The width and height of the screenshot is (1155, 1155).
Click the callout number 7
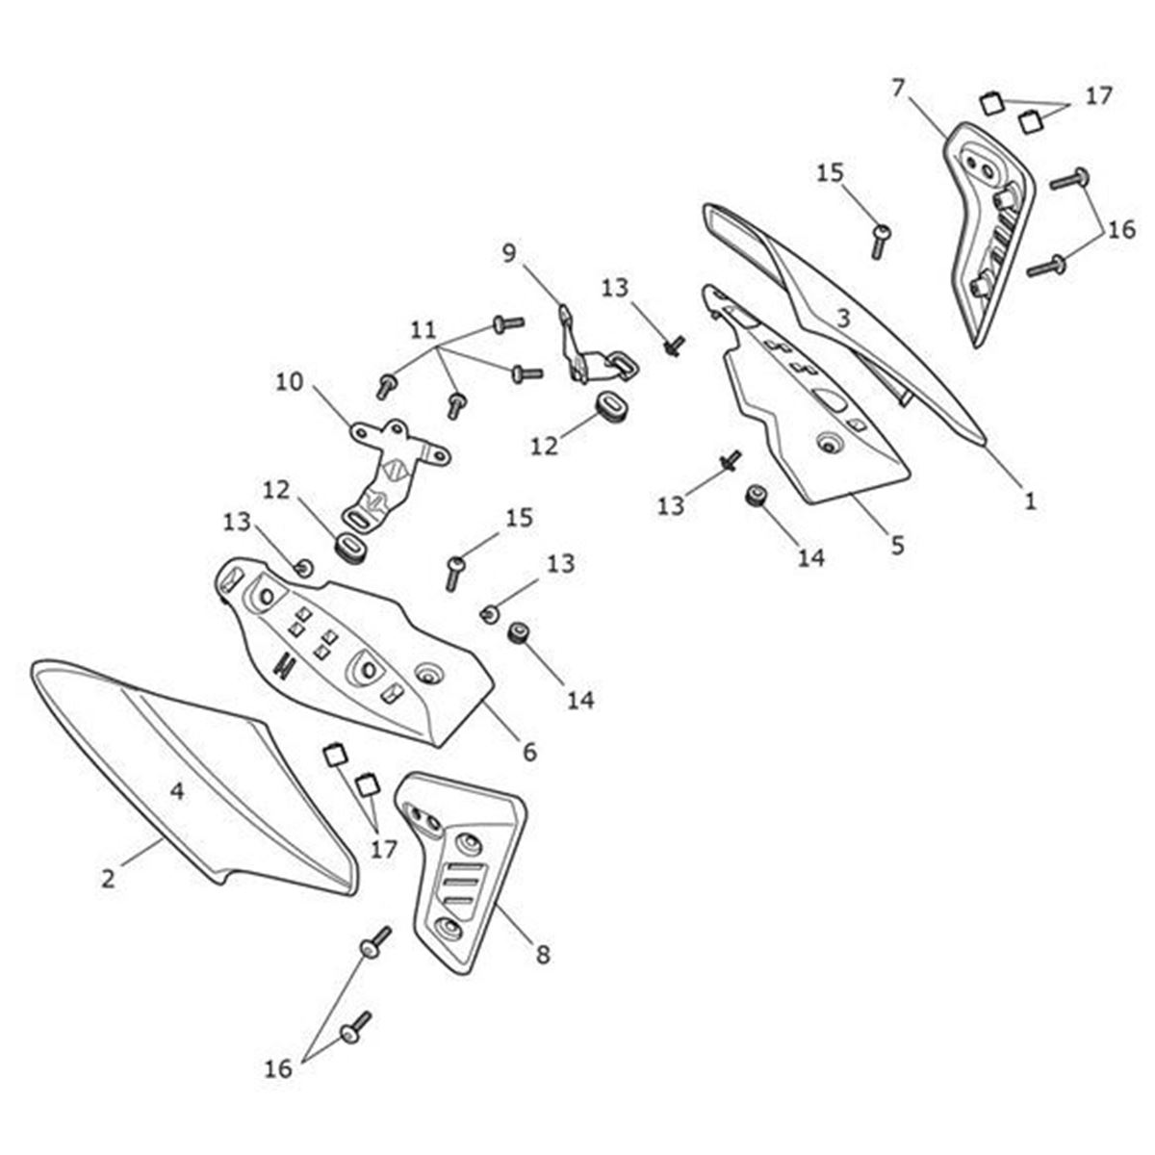tap(897, 89)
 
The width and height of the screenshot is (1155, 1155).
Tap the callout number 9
tap(508, 253)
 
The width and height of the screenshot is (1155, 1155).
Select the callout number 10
tap(290, 381)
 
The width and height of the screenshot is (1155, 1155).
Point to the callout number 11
tap(423, 330)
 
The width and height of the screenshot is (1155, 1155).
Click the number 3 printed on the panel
tap(843, 319)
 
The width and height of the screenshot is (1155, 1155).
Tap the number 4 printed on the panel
tap(177, 792)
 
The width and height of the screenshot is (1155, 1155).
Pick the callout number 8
tap(543, 955)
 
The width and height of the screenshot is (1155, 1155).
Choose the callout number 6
tap(529, 752)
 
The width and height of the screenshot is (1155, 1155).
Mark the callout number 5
tap(897, 545)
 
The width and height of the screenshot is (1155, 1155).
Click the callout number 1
tap(1030, 500)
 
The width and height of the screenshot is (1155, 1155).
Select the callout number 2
tap(108, 879)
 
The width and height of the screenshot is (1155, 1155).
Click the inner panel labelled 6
tap(353, 651)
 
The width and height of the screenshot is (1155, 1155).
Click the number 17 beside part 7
tap(1098, 96)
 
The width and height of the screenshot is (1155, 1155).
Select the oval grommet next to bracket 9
tap(611, 407)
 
